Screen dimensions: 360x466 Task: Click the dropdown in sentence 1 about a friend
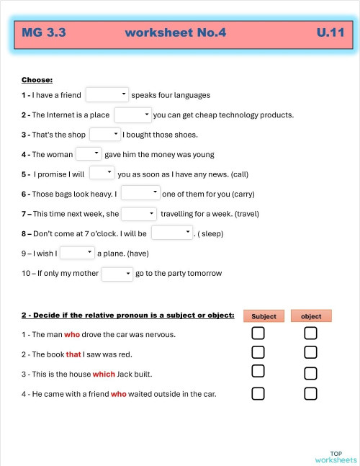[107, 94]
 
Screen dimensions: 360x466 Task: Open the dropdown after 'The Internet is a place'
[132, 115]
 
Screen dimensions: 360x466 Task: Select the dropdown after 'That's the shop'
[105, 134]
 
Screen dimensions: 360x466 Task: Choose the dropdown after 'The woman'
[89, 153]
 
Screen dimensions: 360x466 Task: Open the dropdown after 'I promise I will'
[102, 173]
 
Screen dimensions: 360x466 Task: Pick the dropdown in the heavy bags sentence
[140, 193]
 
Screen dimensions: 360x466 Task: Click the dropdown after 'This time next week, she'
[139, 213]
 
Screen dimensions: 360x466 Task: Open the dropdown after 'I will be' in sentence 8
[172, 233]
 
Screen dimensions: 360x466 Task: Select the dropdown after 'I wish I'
[77, 252]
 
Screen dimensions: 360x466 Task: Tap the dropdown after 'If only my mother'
[117, 273]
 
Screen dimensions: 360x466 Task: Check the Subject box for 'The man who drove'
[258, 333]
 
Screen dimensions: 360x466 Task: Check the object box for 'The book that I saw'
[310, 352]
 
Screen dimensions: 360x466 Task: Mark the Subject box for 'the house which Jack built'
[258, 371]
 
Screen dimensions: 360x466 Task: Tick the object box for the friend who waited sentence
[310, 393]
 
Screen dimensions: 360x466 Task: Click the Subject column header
[264, 316]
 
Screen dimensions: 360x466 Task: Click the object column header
[311, 316]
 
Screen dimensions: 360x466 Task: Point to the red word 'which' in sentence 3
[104, 375]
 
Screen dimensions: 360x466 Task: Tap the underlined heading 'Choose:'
[37, 80]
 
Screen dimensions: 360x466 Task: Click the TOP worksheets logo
[335, 456]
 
